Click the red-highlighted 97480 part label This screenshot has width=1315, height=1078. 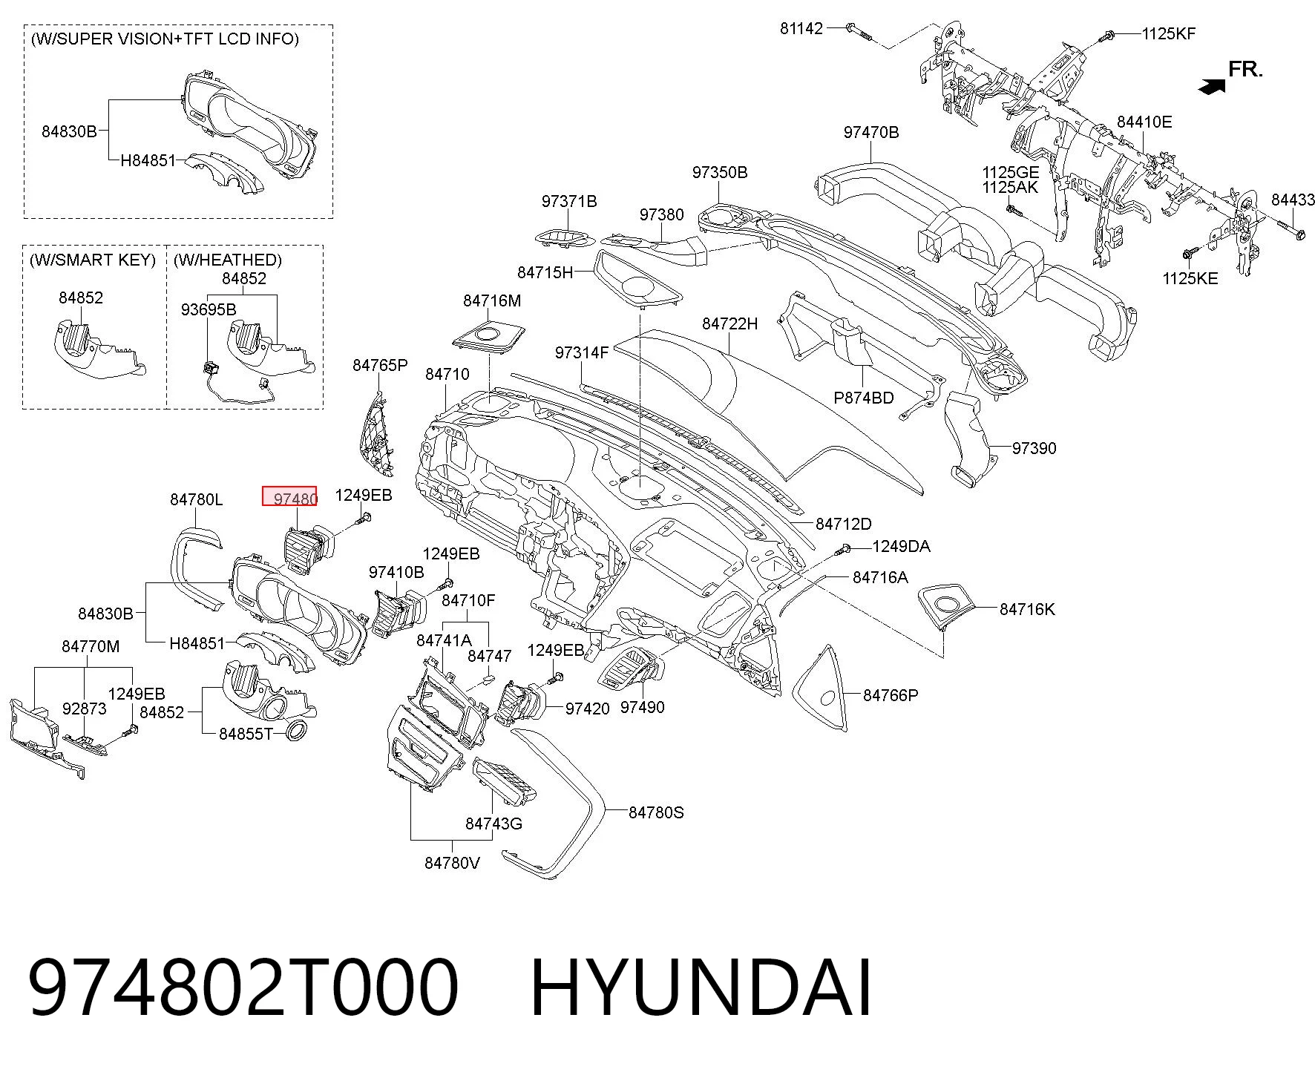click(289, 496)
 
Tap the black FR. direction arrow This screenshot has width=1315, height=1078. click(1211, 87)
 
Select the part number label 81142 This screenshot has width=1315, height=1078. click(801, 28)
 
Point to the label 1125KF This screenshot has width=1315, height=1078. click(1168, 33)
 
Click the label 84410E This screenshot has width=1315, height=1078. click(1144, 122)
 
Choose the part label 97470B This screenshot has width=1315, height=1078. click(870, 132)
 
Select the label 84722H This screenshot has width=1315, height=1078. click(729, 323)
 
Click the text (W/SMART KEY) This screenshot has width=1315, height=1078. click(93, 260)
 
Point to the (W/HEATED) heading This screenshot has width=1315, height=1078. click(227, 260)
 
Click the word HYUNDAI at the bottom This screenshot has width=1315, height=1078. click(701, 987)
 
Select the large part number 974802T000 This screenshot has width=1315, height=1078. click(243, 987)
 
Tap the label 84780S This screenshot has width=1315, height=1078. click(656, 812)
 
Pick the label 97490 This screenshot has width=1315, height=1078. click(642, 707)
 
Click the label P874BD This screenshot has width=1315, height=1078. click(863, 398)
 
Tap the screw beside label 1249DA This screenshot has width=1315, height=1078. click(842, 550)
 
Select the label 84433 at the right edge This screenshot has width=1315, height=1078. click(1293, 200)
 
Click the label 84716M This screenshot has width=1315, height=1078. click(492, 300)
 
